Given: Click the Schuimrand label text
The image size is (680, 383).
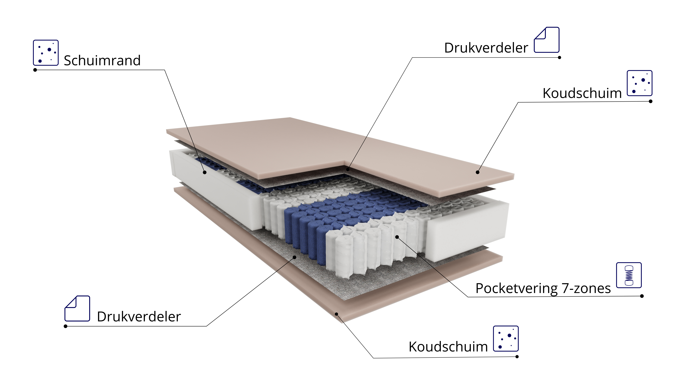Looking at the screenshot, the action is [102, 60].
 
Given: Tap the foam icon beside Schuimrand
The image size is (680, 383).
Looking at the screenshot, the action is [46, 53].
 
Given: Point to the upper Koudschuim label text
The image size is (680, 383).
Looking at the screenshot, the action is [582, 93].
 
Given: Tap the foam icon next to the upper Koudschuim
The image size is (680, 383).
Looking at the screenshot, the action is [639, 83].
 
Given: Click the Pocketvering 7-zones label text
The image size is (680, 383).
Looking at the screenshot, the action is [543, 288].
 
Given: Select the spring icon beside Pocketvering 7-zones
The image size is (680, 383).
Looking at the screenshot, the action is [629, 275].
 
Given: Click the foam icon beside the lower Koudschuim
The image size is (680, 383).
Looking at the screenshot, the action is [506, 339].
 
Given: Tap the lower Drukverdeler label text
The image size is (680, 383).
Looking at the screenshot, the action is [139, 317].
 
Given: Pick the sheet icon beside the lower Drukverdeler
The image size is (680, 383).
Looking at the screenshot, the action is [77, 308].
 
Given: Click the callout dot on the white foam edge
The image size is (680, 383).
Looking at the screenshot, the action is [205, 172].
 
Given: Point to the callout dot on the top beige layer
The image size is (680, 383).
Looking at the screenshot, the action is [478, 172].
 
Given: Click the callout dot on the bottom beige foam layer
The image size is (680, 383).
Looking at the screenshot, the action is [337, 314].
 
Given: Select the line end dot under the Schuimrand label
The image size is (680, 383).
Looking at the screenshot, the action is [35, 70].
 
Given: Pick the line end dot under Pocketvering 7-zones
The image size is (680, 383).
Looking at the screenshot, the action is [642, 296].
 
